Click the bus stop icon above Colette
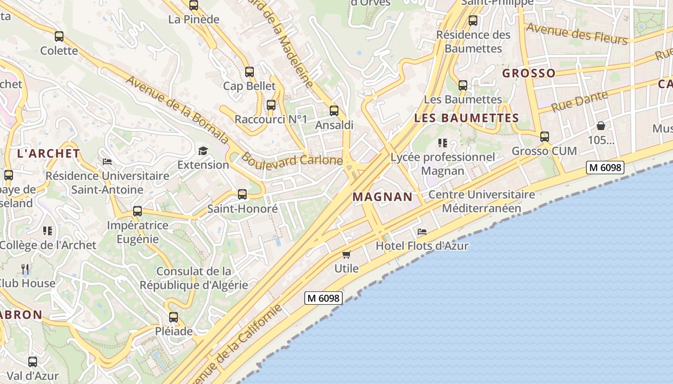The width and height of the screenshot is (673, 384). [59, 36]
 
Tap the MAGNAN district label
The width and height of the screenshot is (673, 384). [383, 197]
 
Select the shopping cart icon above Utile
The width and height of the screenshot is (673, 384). [346, 254]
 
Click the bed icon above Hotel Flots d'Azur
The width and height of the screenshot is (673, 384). [422, 232]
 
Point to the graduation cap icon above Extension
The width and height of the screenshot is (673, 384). [203, 151]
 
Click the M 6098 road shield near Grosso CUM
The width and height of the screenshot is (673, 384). [605, 168]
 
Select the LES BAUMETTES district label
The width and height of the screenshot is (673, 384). [466, 118]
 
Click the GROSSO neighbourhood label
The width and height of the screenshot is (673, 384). [529, 73]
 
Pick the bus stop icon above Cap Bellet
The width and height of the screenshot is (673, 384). [249, 72]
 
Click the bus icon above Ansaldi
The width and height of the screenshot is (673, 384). [334, 111]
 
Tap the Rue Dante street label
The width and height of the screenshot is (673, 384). [579, 102]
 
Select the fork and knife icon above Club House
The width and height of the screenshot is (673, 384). [25, 269]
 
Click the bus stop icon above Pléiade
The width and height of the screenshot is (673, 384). [174, 317]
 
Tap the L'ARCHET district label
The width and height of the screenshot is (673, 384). [49, 154]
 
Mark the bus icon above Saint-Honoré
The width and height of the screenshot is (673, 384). [242, 194]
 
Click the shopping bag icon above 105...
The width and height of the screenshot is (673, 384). [601, 126]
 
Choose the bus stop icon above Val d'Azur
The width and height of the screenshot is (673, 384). [33, 362]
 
